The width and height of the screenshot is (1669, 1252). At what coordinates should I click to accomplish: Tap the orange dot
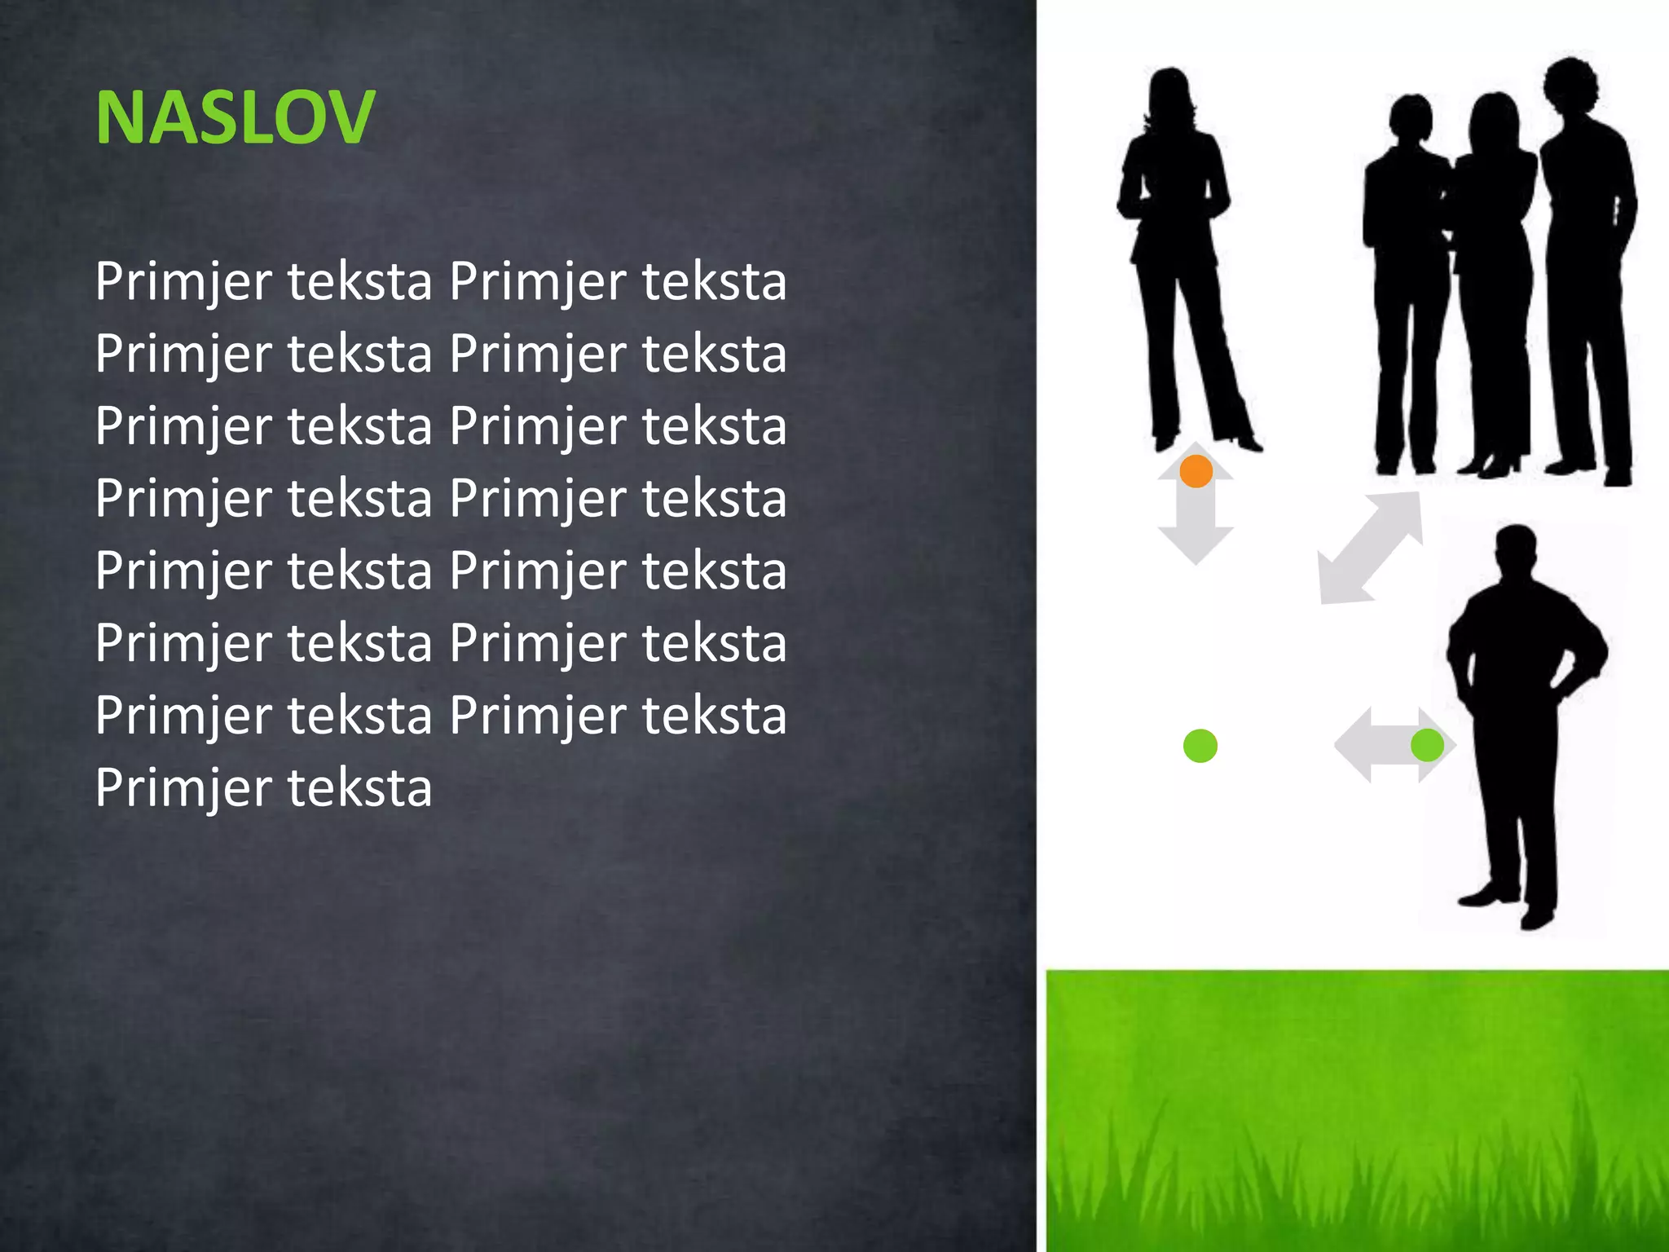pos(1196,471)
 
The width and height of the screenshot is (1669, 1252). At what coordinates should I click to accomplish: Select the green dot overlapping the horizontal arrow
pos(1427,745)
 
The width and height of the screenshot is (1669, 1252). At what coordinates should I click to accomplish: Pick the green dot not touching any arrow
pos(1200,746)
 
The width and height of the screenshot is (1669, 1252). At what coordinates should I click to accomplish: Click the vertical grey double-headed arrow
pos(1196,522)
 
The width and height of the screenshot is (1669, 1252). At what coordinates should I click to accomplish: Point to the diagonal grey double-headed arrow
pos(1371,549)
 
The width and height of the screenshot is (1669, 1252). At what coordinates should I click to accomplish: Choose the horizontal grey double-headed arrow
pos(1377,745)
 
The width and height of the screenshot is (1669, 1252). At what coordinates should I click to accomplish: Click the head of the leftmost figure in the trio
pos(1410,118)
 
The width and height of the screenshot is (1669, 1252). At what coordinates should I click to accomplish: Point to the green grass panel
pos(1356,1109)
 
